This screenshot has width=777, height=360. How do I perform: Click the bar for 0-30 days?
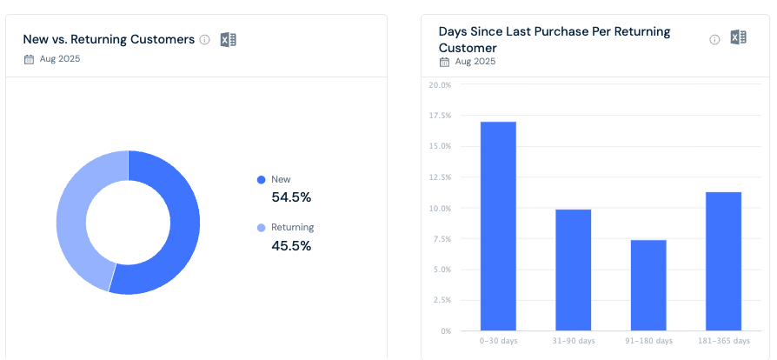498,226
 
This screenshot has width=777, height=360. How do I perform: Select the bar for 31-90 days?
573,270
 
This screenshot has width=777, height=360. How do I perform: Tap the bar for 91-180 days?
648,285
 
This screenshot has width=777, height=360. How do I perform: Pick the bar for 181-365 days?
723,261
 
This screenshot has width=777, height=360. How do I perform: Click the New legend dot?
261,180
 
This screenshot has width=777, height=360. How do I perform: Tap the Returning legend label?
292,227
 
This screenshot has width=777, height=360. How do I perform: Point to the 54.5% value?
291,197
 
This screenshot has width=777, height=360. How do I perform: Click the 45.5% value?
291,246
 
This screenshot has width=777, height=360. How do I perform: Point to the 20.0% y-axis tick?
440,85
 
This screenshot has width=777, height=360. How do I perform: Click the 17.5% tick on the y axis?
440,116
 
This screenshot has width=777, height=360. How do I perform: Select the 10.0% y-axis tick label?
440,209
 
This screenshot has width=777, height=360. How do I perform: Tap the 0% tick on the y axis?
444,331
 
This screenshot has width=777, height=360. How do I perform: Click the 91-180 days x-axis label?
648,341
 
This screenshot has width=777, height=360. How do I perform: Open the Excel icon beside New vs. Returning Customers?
229,39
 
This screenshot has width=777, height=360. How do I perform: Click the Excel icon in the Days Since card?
738,37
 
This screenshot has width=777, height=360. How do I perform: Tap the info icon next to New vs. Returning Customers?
205,40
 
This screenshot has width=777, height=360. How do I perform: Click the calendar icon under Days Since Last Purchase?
445,62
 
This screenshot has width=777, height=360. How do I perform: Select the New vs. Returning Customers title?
109,39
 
